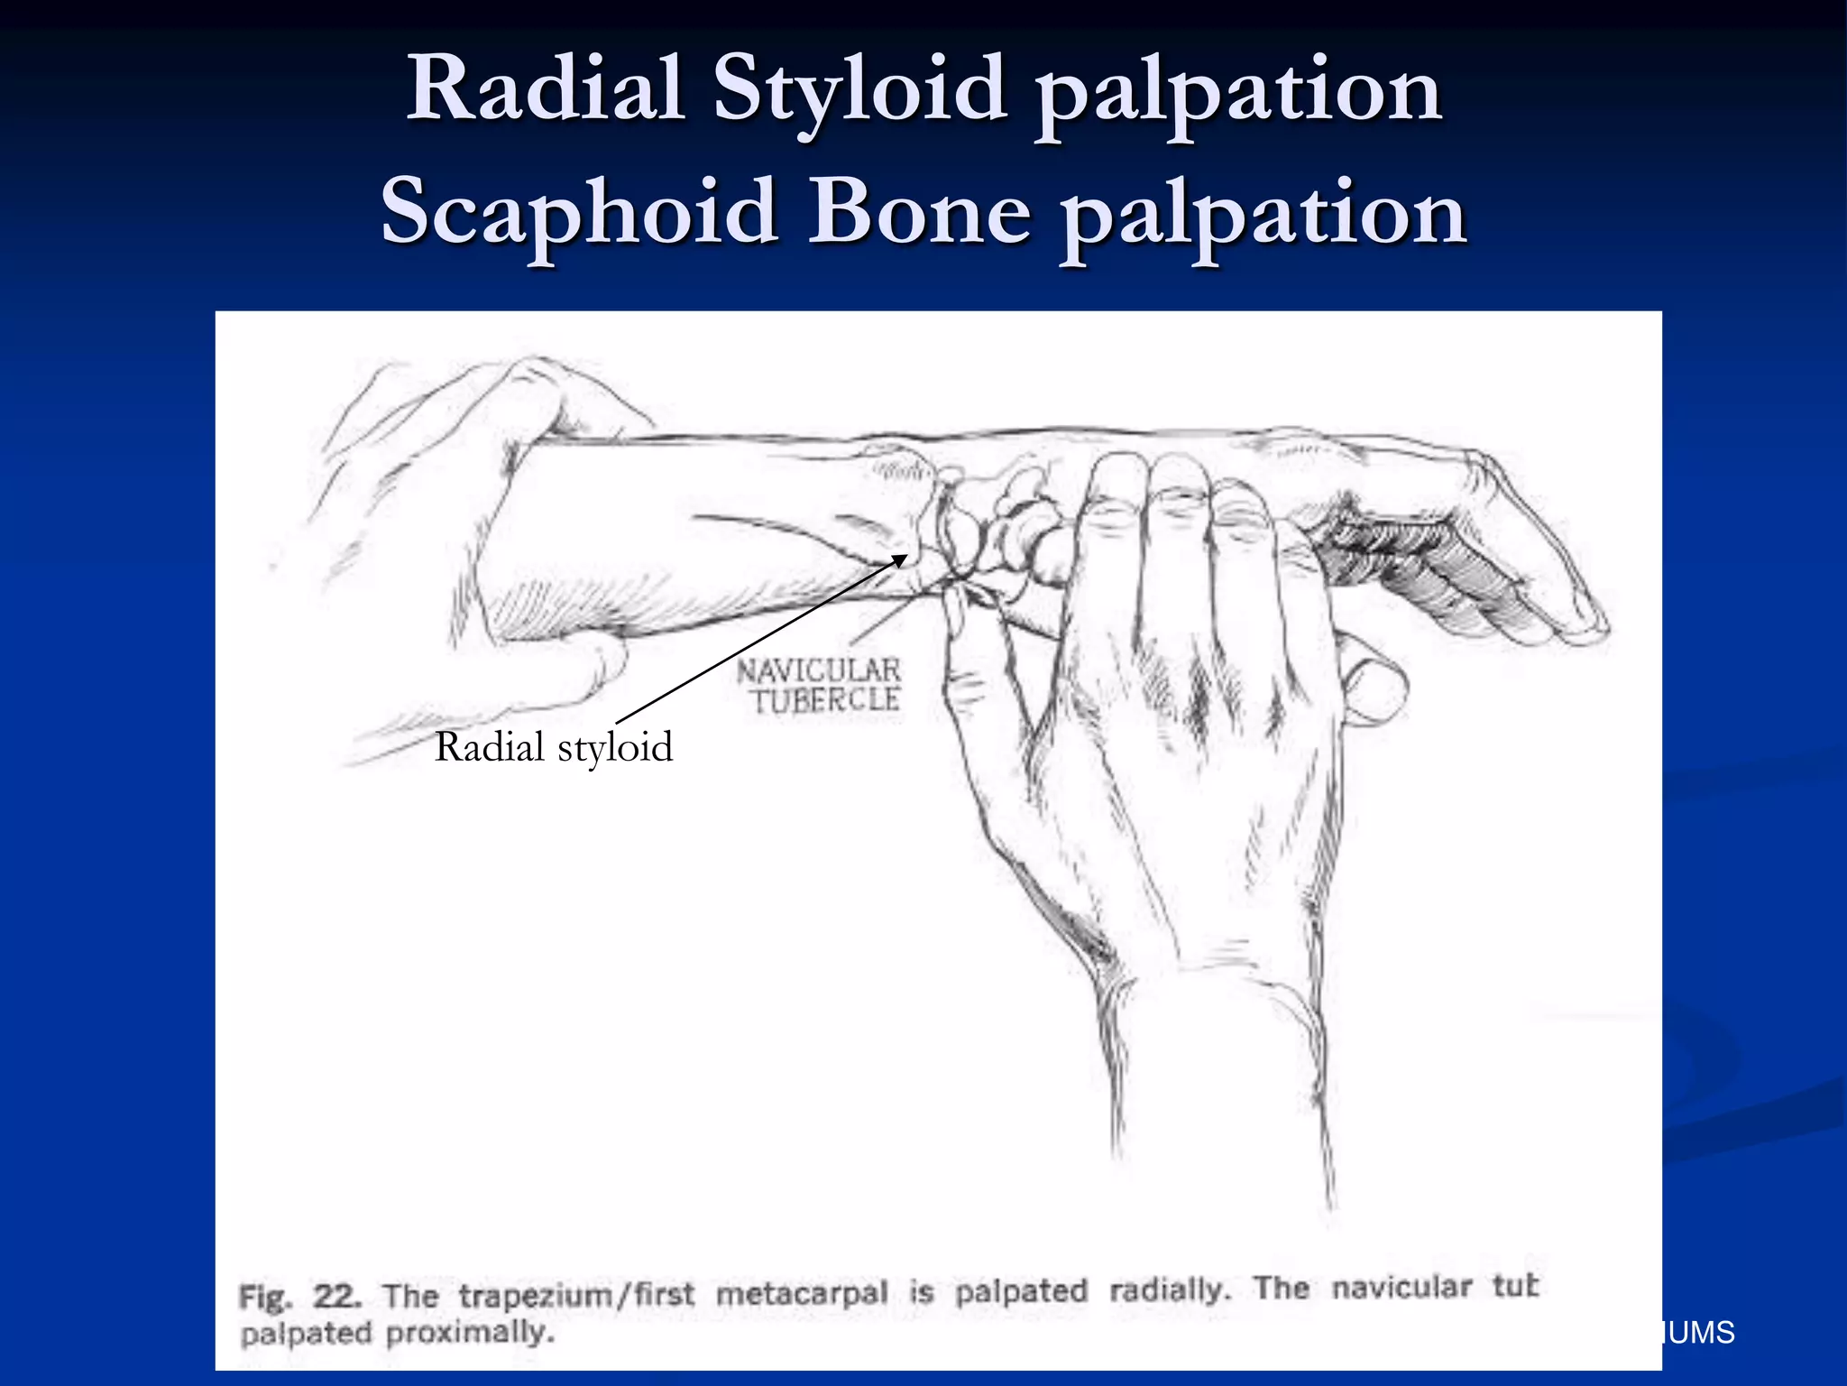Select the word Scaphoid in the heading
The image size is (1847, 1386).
[579, 212]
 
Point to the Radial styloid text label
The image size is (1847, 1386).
[554, 748]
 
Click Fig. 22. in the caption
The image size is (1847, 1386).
[300, 1297]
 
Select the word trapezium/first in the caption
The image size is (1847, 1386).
[576, 1295]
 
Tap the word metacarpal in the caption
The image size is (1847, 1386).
[802, 1293]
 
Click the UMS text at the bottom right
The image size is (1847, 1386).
[1701, 1333]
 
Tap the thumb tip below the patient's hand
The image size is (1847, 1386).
[1375, 690]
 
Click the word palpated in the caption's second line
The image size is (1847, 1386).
[306, 1334]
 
